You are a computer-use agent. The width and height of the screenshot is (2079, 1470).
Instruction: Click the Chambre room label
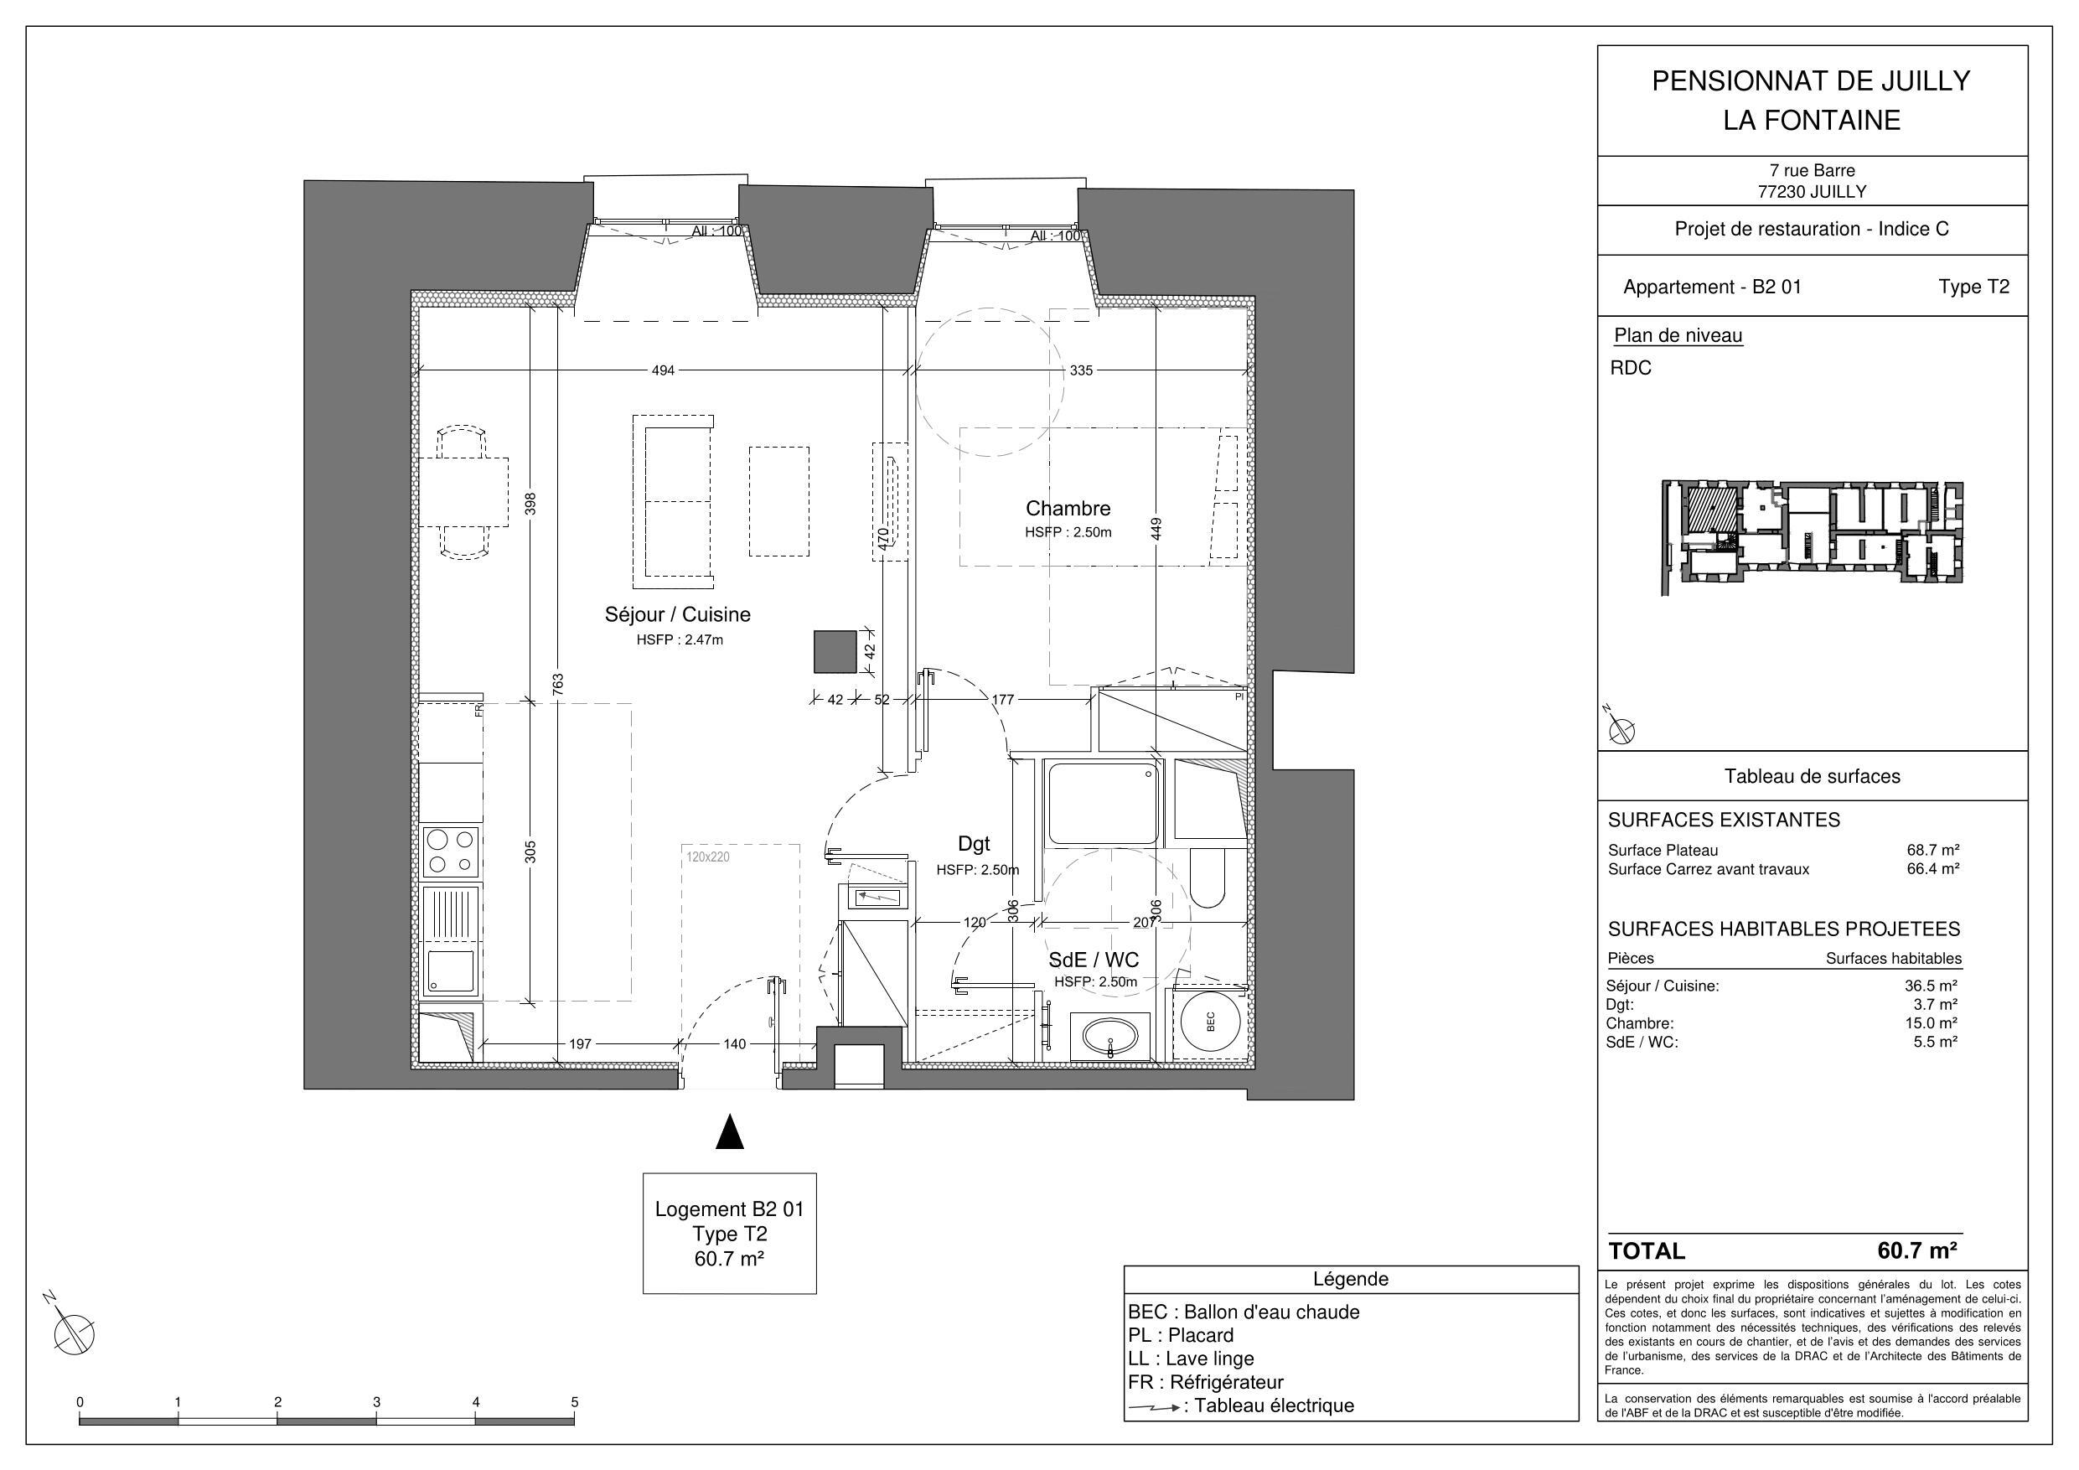pyautogui.click(x=1068, y=509)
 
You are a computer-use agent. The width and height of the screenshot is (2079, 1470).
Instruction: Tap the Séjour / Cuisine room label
pyautogui.click(x=677, y=615)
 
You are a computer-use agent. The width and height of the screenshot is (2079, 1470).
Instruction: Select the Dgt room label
pyautogui.click(x=974, y=844)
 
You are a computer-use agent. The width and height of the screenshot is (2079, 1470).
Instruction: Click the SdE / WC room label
pyautogui.click(x=1093, y=960)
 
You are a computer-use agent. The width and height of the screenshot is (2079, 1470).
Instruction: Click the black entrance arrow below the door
pyautogui.click(x=729, y=1133)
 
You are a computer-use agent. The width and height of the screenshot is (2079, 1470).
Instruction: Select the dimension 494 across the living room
pyautogui.click(x=663, y=370)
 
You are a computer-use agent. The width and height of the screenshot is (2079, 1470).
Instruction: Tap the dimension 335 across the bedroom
pyautogui.click(x=1081, y=370)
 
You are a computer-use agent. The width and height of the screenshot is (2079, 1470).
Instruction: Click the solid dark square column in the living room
pyautogui.click(x=834, y=652)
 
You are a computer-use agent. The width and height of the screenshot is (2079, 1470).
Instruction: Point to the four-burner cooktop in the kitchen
pyautogui.click(x=451, y=851)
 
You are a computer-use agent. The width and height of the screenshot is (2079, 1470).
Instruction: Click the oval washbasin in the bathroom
pyautogui.click(x=1110, y=1037)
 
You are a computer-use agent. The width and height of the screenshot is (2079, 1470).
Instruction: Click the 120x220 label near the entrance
pyautogui.click(x=707, y=856)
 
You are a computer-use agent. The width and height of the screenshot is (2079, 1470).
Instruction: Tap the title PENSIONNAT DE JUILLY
pyautogui.click(x=1811, y=81)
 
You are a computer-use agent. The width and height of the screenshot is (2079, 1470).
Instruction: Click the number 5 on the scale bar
pyautogui.click(x=574, y=1402)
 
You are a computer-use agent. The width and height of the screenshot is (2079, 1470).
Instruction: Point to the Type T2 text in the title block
pyautogui.click(x=1973, y=287)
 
